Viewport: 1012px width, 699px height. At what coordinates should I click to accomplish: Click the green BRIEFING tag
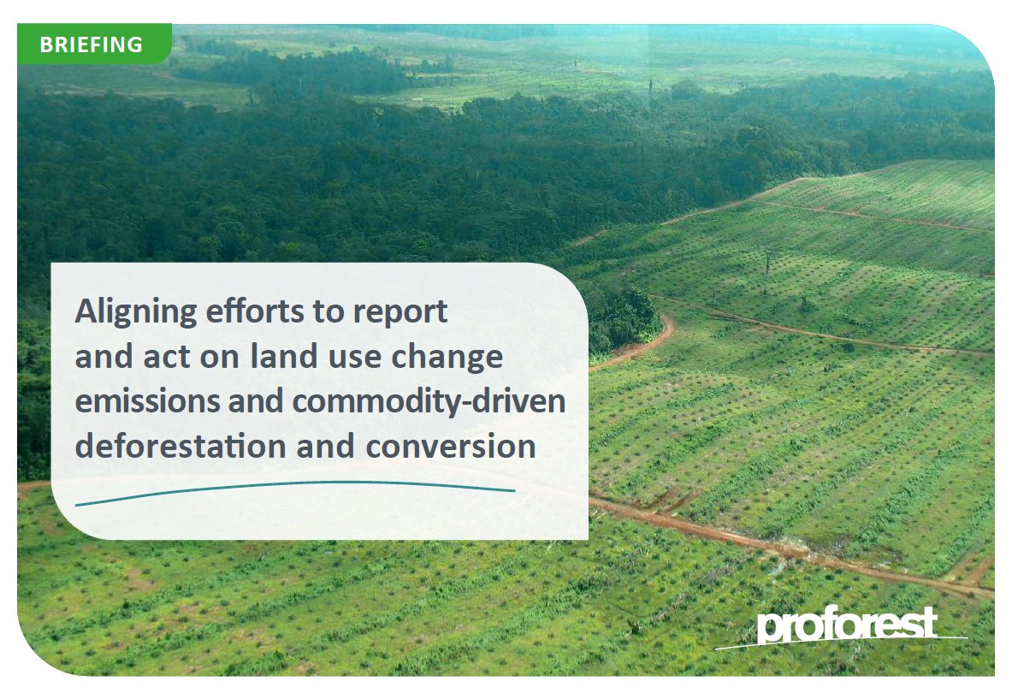tap(93, 44)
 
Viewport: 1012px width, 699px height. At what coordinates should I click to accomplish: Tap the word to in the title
tap(325, 313)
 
